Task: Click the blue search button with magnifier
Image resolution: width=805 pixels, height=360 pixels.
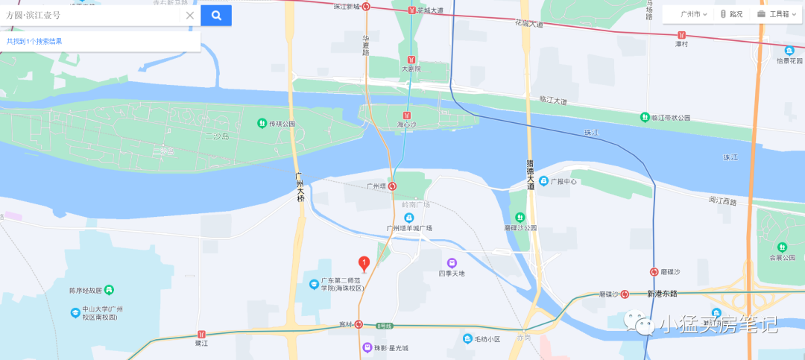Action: coord(216,15)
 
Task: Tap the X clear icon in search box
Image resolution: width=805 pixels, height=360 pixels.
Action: coord(189,15)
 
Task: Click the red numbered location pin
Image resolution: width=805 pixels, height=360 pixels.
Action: coord(364,263)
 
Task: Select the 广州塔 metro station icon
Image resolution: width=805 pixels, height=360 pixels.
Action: coord(392,186)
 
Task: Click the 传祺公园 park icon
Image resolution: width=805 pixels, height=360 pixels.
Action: coord(262,123)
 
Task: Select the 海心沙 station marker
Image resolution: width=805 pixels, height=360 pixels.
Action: coord(406,116)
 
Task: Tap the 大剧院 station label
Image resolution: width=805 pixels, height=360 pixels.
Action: coord(411,69)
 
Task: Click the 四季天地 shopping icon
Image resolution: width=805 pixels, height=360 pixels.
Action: coord(452,262)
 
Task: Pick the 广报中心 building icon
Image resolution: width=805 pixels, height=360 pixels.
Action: coord(544,181)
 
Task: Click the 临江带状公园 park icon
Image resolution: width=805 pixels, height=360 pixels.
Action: coord(645,117)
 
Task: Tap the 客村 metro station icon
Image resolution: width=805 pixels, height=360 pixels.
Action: coord(359,324)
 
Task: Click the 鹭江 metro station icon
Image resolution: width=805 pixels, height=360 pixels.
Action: coord(201,335)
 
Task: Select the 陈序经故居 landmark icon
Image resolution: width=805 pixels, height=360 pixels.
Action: coord(109,289)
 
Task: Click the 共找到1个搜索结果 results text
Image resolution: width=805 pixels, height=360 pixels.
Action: coord(34,41)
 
